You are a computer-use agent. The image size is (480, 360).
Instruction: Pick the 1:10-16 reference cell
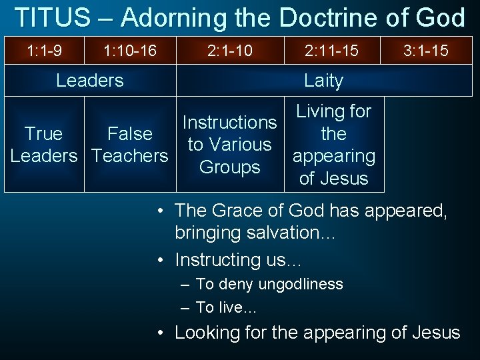(130, 51)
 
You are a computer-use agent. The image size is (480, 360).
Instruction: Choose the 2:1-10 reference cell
(230, 51)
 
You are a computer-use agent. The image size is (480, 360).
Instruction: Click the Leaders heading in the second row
(90, 81)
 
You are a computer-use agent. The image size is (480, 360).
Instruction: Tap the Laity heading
(323, 81)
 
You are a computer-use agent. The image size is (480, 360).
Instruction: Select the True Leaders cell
(43, 145)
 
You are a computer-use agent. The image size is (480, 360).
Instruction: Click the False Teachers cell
(130, 145)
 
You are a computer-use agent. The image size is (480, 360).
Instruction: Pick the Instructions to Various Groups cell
(229, 145)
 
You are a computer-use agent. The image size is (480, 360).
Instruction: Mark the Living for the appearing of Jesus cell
(334, 145)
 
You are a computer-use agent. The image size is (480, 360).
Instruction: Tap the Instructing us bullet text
(237, 259)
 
